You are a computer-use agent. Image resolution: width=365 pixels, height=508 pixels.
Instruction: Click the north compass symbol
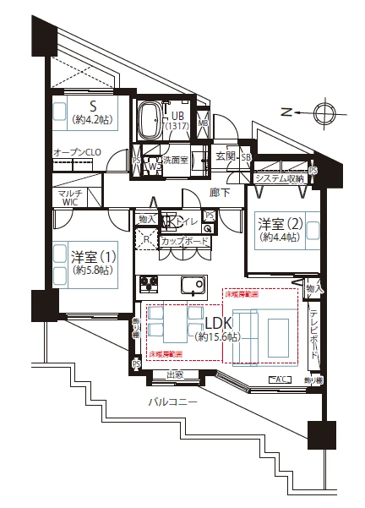point(324,112)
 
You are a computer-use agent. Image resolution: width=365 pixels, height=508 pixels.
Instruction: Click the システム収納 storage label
point(280,178)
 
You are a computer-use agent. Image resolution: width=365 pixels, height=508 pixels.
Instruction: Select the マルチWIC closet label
point(69,198)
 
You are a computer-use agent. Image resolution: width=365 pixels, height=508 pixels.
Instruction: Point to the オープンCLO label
point(78,152)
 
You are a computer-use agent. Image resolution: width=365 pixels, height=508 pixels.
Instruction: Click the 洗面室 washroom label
point(175,159)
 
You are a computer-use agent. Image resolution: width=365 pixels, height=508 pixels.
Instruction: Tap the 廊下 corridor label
point(219,192)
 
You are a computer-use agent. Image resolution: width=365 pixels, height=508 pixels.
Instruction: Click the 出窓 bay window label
point(175,374)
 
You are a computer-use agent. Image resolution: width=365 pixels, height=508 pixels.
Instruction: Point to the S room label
point(94,107)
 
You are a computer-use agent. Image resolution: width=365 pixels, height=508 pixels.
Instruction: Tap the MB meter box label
point(203,123)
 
